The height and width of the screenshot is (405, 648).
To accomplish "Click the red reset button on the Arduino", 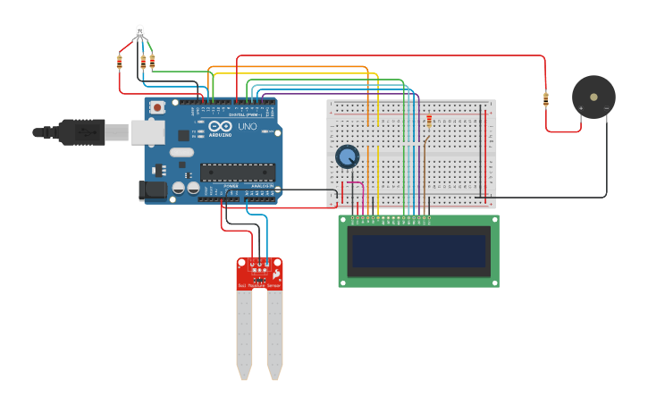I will pyautogui.click(x=157, y=107).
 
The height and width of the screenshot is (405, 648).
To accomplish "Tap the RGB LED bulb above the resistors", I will pyautogui.click(x=139, y=32).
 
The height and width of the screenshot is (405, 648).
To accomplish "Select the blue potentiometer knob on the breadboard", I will pyautogui.click(x=347, y=156).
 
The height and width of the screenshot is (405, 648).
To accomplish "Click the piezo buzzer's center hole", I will pyautogui.click(x=593, y=97).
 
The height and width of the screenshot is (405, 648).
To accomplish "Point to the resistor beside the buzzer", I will pyautogui.click(x=546, y=99).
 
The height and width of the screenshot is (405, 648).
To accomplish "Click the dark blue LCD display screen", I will pyautogui.click(x=418, y=251).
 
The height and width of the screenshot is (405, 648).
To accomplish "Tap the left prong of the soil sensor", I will pyautogui.click(x=244, y=331).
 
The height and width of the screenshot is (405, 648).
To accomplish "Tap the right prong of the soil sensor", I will pyautogui.click(x=274, y=331).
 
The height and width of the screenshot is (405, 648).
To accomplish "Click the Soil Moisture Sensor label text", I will pyautogui.click(x=259, y=285).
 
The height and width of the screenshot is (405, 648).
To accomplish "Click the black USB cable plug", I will pyautogui.click(x=80, y=132).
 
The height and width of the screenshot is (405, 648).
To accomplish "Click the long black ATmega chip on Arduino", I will pyautogui.click(x=237, y=173).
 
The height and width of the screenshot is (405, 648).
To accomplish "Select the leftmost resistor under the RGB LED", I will pyautogui.click(x=120, y=62).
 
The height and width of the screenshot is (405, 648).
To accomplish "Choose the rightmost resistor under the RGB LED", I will pyautogui.click(x=152, y=61).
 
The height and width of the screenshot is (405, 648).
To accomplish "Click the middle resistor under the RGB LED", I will pyautogui.click(x=143, y=62).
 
